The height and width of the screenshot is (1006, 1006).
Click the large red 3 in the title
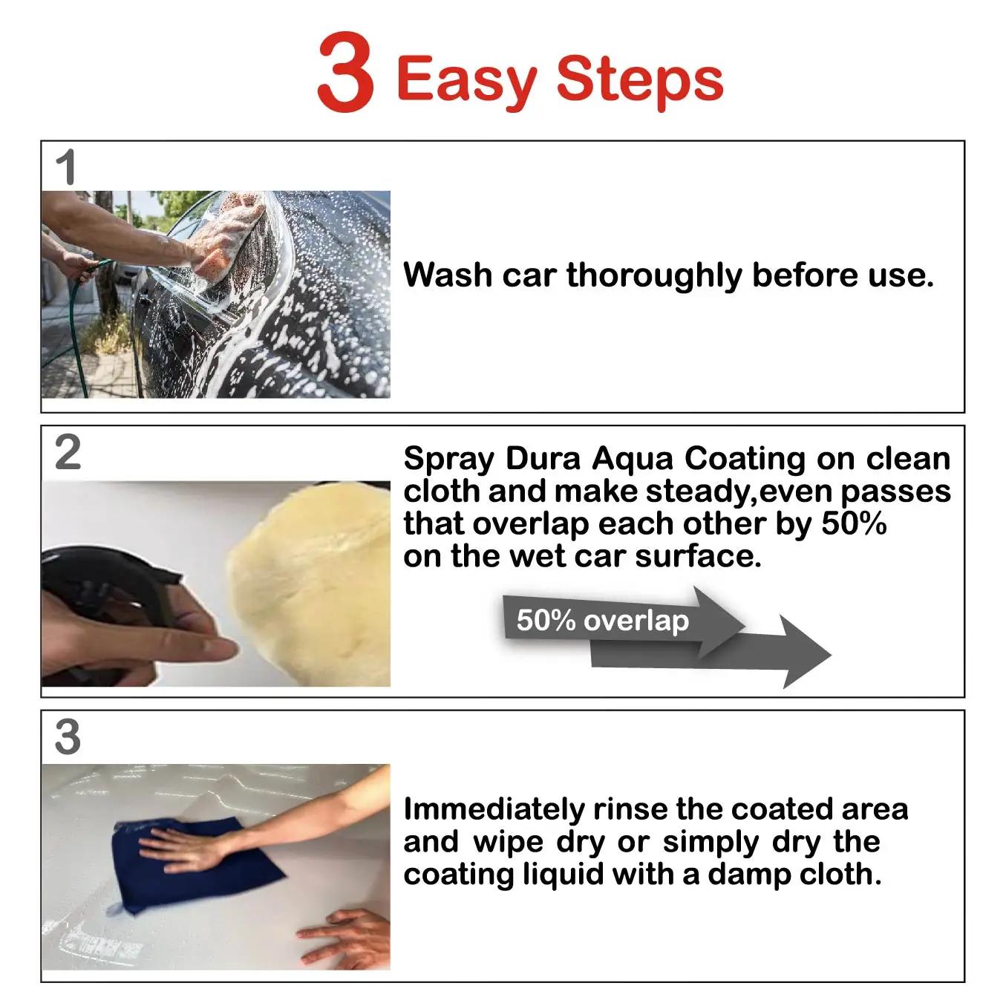[x=345, y=71]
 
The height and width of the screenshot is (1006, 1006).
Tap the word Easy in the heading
[x=467, y=82]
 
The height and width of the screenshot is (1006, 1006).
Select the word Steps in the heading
[x=640, y=82]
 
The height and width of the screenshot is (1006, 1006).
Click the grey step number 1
[x=66, y=167]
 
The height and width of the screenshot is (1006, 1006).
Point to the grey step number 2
[x=68, y=452]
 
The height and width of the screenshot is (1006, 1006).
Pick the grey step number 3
[x=68, y=736]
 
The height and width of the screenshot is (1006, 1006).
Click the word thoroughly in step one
[x=654, y=276]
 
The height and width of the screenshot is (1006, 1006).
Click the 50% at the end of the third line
[x=854, y=523]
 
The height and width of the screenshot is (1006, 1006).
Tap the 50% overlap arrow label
[x=602, y=621]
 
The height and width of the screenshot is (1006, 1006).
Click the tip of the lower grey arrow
[x=831, y=654]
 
